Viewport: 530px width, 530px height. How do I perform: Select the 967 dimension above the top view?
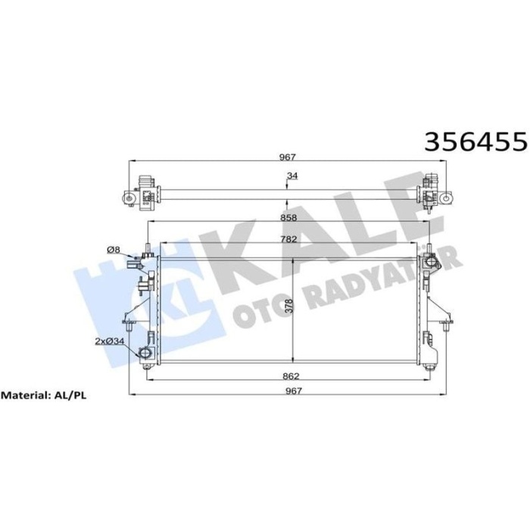[x=286, y=157]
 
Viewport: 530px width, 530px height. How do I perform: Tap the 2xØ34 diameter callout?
[x=110, y=342]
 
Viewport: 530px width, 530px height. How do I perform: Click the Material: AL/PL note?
[x=48, y=395]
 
